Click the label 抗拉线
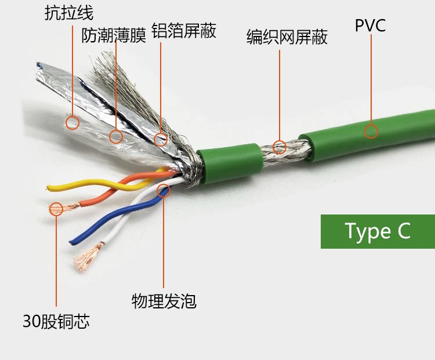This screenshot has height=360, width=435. pyautogui.click(x=68, y=13)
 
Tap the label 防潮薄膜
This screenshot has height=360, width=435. pyautogui.click(x=114, y=36)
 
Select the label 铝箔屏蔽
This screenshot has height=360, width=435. pyautogui.click(x=184, y=31)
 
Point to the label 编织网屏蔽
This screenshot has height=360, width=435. pyautogui.click(x=287, y=37)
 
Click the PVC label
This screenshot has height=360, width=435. pyautogui.click(x=370, y=26)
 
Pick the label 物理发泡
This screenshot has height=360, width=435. pyautogui.click(x=164, y=301)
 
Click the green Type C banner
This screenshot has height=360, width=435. pyautogui.click(x=378, y=231)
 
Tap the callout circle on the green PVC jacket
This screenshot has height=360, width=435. pyautogui.click(x=371, y=131)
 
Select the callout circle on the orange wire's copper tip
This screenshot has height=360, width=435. pyautogui.click(x=56, y=209)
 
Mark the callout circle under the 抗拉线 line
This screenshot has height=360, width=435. pyautogui.click(x=72, y=122)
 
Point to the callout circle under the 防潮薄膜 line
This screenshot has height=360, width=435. pyautogui.click(x=116, y=136)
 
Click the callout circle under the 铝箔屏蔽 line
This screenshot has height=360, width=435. pyautogui.click(x=161, y=139)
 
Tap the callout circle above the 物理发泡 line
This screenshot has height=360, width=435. pyautogui.click(x=164, y=190)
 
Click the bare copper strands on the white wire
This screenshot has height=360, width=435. pyautogui.click(x=87, y=256)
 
